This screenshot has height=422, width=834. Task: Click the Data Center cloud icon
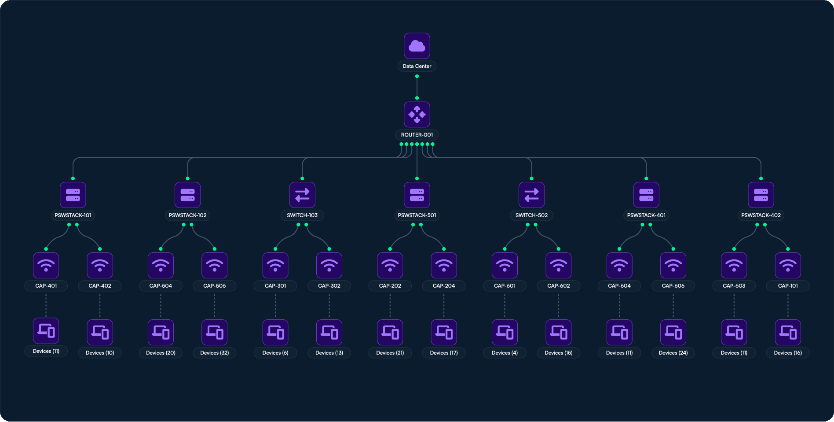point(417,46)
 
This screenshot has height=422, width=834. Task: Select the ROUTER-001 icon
point(417,115)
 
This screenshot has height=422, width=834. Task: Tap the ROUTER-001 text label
point(417,135)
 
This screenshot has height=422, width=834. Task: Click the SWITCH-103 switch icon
point(302,195)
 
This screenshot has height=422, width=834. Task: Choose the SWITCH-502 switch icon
point(531,195)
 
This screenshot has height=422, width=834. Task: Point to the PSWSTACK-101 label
point(73,215)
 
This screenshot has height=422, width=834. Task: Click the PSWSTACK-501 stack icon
point(417,195)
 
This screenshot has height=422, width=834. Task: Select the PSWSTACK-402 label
point(761,215)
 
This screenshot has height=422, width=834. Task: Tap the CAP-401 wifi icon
point(46,265)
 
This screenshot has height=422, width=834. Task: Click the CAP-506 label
point(214,286)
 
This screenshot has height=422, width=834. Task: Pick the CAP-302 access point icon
point(329,265)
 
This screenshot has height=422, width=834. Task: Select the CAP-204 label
point(443,286)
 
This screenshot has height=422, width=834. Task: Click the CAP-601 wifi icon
point(505,265)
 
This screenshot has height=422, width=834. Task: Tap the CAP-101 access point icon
point(787,265)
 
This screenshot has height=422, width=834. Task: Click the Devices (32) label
point(214,353)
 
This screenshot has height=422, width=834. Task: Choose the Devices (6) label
point(275,353)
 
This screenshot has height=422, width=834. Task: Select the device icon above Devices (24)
point(673,332)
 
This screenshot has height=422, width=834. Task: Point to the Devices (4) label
point(505,353)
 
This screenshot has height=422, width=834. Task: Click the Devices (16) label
point(787,353)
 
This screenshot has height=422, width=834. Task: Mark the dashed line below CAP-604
point(619,305)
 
